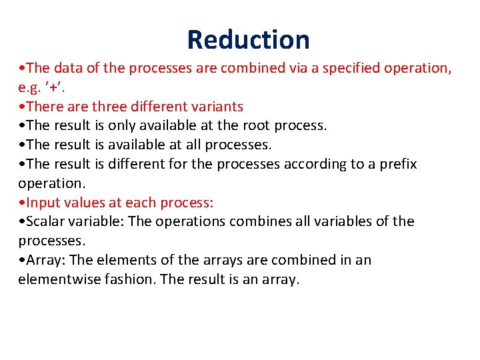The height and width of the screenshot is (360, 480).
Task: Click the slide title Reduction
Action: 248,39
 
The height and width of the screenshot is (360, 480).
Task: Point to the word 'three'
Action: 111,107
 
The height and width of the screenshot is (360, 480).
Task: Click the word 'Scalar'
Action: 46,221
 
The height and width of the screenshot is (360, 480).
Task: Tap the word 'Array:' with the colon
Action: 45,260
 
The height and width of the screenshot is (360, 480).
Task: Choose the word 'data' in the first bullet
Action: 67,68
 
